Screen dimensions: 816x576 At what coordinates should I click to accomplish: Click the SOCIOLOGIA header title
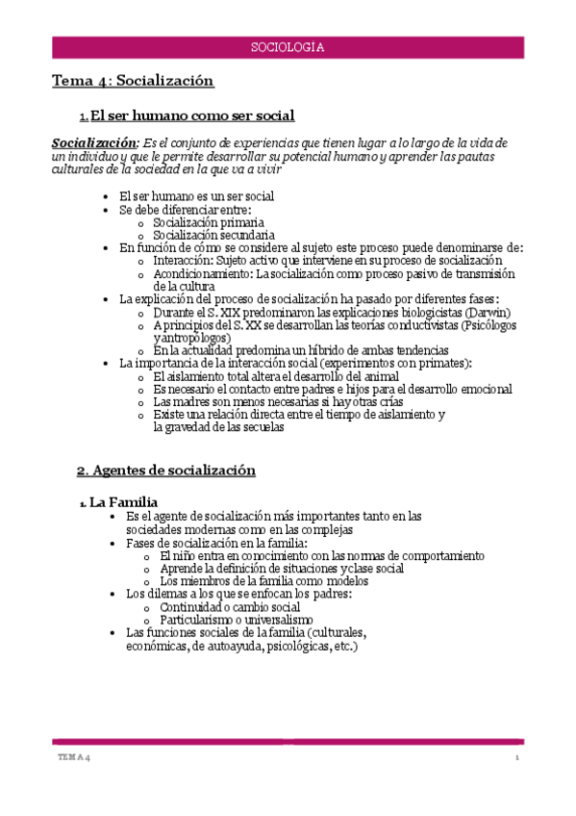(x=287, y=47)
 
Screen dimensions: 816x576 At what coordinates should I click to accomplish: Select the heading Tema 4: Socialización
(x=133, y=82)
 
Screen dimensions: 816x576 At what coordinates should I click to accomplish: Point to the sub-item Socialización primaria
(x=209, y=222)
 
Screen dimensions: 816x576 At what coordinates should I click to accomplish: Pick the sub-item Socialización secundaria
(x=213, y=235)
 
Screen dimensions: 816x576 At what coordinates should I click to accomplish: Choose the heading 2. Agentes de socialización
(x=166, y=471)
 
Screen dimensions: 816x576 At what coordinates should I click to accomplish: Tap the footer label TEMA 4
(x=73, y=759)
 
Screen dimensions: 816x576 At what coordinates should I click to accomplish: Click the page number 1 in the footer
(x=516, y=759)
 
